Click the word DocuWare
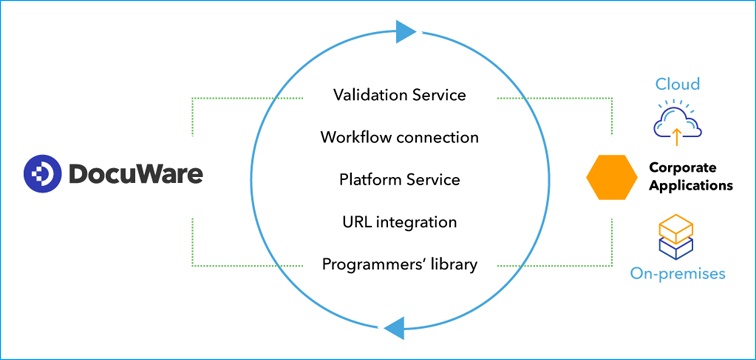tap(134, 175)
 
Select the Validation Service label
tap(400, 96)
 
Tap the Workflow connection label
tap(400, 137)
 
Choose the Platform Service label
tap(400, 180)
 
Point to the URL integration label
tap(400, 222)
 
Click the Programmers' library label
tap(400, 264)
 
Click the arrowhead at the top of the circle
tap(404, 32)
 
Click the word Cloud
tap(677, 84)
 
